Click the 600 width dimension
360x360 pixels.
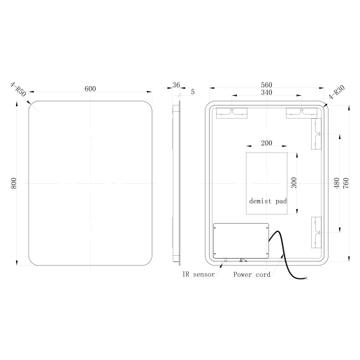tap(90, 89)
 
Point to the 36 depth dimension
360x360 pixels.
tap(175, 85)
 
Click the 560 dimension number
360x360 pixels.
tap(266, 85)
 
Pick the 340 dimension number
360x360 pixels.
tap(266, 93)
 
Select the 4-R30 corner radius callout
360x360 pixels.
tap(336, 94)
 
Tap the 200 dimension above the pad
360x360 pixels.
tap(266, 143)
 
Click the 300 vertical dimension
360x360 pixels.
tap(294, 182)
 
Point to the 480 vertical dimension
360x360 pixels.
tap(336, 182)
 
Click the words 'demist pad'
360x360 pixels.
tap(268, 201)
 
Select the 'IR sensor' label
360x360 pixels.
tap(199, 275)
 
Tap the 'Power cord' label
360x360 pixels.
tap(252, 275)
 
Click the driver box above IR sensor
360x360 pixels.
tap(240, 240)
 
